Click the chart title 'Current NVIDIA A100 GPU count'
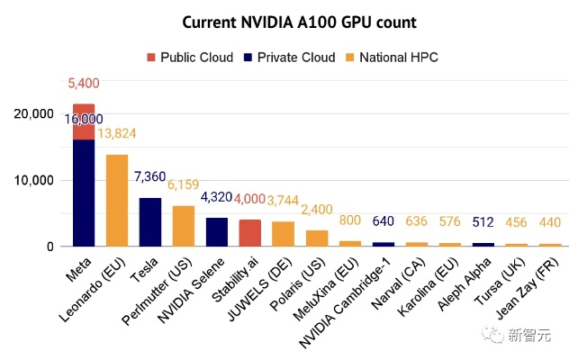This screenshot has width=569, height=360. coord(284,22)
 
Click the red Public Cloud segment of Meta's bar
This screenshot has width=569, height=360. coord(84,121)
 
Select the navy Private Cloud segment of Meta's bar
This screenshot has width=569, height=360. coord(84,193)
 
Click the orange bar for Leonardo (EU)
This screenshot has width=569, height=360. coord(117,200)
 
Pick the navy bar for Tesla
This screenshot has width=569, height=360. coord(150,221)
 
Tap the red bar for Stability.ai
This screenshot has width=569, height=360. coord(250,232)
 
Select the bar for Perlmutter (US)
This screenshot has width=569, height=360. coord(184,226)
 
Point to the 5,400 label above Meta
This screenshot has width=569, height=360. coord(84,84)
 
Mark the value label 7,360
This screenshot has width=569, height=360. coord(150,177)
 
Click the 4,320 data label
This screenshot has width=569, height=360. coord(217,197)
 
